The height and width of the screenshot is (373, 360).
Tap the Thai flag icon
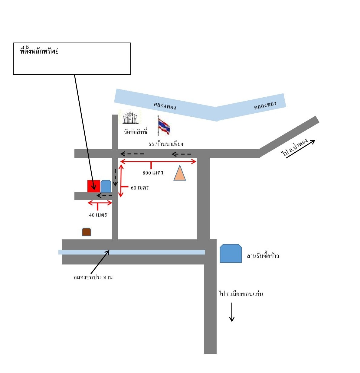pyautogui.click(x=164, y=126)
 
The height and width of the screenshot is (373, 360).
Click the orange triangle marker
pyautogui.click(x=179, y=173)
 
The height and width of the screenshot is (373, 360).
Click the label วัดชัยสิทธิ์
pyautogui.click(x=136, y=131)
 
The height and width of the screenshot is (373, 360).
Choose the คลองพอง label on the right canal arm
pyautogui.click(x=265, y=105)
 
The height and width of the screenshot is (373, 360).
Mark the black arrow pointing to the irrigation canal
pyautogui.click(x=100, y=262)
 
